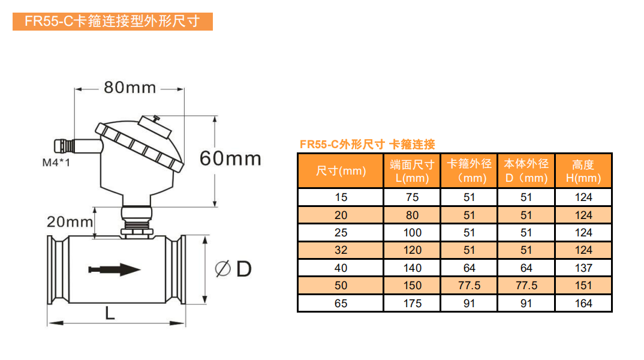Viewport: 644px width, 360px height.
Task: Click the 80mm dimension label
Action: coord(130,88)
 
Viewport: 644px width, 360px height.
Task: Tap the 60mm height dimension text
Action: coord(230,158)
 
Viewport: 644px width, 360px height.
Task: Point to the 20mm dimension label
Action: coord(70,222)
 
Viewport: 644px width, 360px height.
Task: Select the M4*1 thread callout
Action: coord(56,163)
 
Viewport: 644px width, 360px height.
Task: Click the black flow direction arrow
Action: coord(115,269)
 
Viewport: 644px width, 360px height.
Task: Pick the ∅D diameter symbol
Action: coord(233,269)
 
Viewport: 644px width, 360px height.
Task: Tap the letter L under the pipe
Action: coord(110,314)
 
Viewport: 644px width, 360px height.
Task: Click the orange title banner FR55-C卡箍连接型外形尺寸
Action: coord(113,22)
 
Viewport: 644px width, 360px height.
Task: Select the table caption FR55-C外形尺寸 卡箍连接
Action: coord(367,144)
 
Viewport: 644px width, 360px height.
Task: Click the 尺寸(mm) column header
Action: coord(341,171)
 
